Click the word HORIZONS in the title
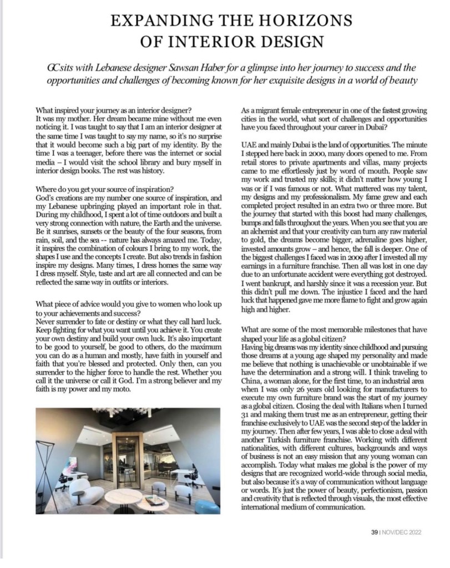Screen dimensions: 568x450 click(305, 22)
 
